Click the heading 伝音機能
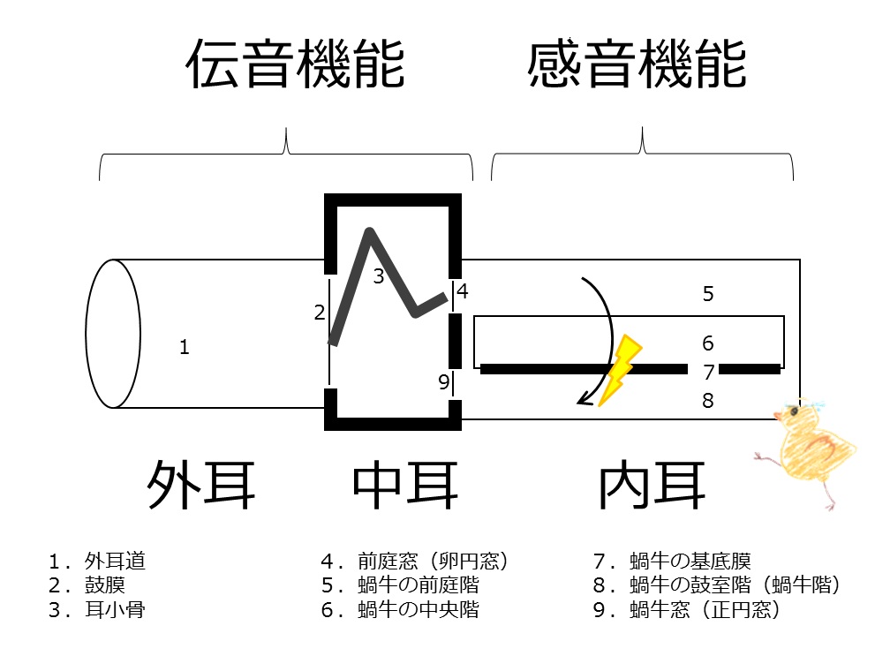pyautogui.click(x=295, y=65)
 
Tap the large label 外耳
pyautogui.click(x=200, y=484)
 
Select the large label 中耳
pyautogui.click(x=405, y=484)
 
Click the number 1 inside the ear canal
pyautogui.click(x=184, y=347)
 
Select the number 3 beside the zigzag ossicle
pyautogui.click(x=378, y=276)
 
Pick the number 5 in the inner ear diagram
pyautogui.click(x=707, y=294)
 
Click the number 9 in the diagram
pyautogui.click(x=444, y=382)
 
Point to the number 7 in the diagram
pyautogui.click(x=707, y=372)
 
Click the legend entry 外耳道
pyautogui.click(x=115, y=561)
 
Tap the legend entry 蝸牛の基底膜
pyautogui.click(x=690, y=561)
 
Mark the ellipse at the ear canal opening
pyautogui.click(x=113, y=334)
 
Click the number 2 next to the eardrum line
pyautogui.click(x=320, y=312)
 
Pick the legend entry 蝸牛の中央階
pyautogui.click(x=419, y=609)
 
